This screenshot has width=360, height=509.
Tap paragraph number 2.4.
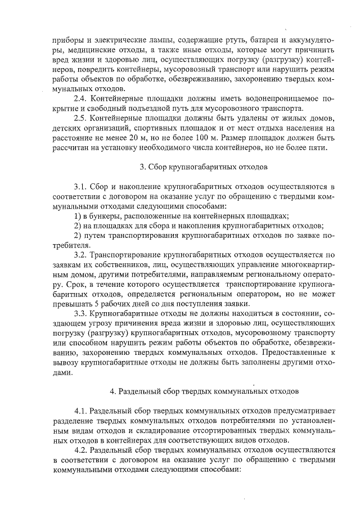82,98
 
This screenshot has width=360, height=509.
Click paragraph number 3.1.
82,186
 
